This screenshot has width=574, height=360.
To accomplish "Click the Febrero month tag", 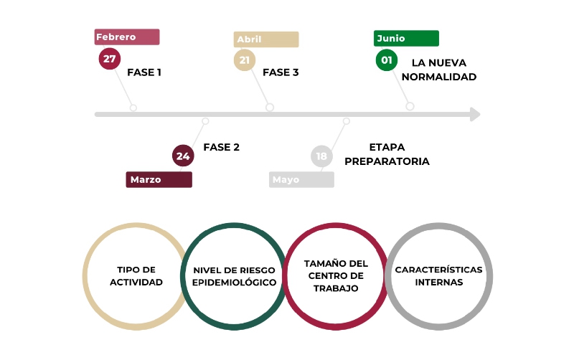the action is coord(127,37).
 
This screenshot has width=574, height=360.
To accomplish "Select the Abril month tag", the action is coord(266,39).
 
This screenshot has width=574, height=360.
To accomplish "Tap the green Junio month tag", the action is coord(406,39).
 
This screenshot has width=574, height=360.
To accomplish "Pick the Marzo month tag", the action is coord(159,179).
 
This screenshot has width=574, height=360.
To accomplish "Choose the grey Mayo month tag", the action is coord(301,179).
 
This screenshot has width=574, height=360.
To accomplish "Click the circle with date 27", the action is coord(110,59).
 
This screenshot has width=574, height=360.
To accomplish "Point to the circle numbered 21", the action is coord(245,60).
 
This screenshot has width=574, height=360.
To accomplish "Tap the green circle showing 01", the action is coord(387,60).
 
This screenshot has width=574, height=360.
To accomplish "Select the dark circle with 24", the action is coord(183,156).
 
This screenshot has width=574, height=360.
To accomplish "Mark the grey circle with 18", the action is coord(321,156).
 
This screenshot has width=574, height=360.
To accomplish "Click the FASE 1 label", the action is coord(144,72).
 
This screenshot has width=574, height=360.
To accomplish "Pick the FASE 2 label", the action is coord(222,147).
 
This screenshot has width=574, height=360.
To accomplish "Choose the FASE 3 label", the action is coord(281,72).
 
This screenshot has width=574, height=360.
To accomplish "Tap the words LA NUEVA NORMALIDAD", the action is coord(439,70).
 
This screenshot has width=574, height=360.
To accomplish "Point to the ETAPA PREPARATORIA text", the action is coord(387,154).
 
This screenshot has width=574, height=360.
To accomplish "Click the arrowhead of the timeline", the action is coord(475,115).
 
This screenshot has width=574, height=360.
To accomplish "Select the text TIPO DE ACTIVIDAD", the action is coord(136,276).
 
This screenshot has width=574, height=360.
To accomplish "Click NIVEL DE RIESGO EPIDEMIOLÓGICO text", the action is coord(235,276).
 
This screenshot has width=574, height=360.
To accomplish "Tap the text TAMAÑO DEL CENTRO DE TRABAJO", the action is coord(336,276).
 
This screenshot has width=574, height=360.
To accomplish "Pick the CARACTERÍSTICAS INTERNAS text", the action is coord(438,276).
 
